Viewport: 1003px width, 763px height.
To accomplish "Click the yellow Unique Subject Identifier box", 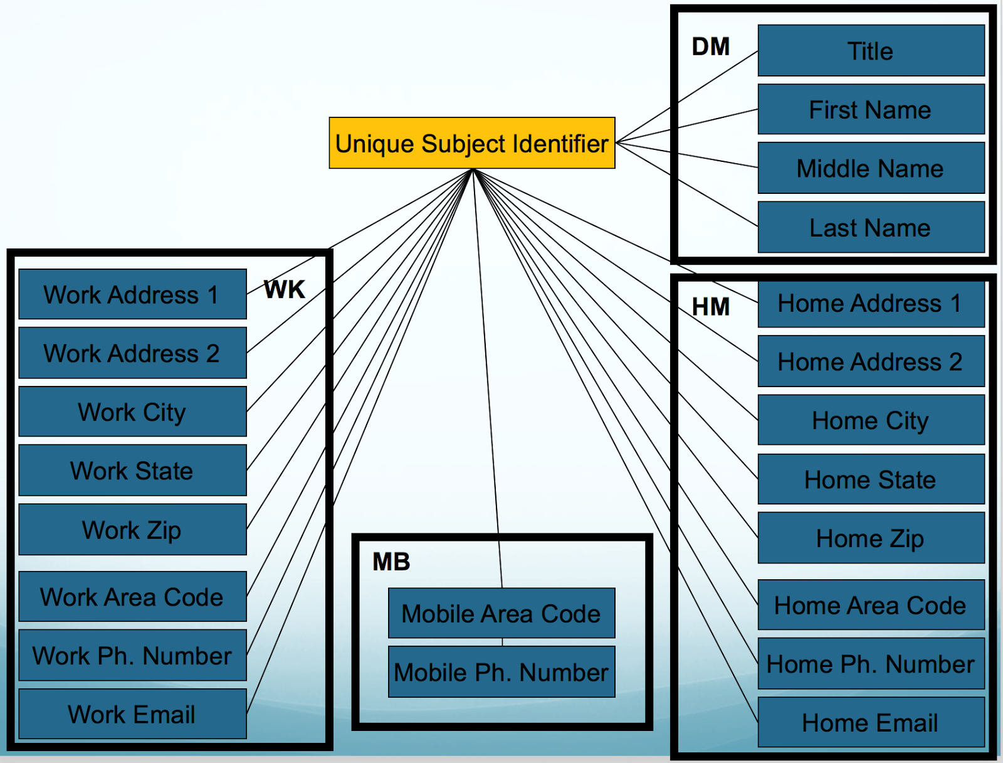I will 472,143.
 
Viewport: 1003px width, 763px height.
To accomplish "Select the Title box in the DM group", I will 871,51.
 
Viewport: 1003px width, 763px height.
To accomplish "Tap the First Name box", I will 871,110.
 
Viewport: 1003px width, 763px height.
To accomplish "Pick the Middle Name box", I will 871,168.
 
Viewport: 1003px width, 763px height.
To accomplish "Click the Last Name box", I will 871,227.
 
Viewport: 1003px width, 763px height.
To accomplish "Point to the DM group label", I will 710,46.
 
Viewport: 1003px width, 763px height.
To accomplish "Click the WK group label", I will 284,290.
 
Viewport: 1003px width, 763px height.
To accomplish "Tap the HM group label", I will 710,307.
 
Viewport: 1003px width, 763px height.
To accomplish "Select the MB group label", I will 391,562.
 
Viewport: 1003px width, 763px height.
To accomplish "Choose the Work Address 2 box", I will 132,353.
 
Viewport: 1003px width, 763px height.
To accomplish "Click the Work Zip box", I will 132,530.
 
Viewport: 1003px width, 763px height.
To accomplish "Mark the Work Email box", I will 132,714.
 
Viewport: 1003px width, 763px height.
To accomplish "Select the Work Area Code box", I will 132,597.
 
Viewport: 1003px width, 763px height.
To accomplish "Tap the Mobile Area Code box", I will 501,613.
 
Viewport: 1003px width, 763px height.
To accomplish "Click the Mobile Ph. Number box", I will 501,672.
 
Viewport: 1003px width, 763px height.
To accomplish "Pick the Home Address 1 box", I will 871,304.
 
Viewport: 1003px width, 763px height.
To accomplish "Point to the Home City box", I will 871,420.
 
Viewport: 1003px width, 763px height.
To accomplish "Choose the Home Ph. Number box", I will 871,664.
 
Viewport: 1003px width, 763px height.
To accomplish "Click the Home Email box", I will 871,723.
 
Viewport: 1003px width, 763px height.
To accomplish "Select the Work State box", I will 132,471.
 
